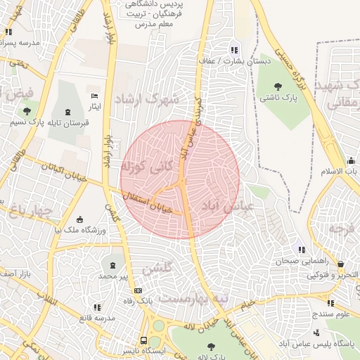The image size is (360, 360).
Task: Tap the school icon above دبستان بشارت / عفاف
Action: click(x=234, y=50)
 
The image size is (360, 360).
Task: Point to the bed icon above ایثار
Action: click(x=95, y=96)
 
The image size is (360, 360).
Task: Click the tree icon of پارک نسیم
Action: click(x=27, y=111)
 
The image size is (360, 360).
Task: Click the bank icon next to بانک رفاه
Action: click(x=138, y=290)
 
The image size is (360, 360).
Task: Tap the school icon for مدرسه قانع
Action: click(x=96, y=307)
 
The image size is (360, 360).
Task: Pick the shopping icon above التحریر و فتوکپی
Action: click(x=340, y=264)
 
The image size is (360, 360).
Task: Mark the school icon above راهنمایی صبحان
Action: click(x=302, y=250)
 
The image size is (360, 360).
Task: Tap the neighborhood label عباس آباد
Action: click(x=224, y=206)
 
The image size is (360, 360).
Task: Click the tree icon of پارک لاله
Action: click(x=211, y=346)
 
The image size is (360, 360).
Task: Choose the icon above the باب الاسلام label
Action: click(x=349, y=160)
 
